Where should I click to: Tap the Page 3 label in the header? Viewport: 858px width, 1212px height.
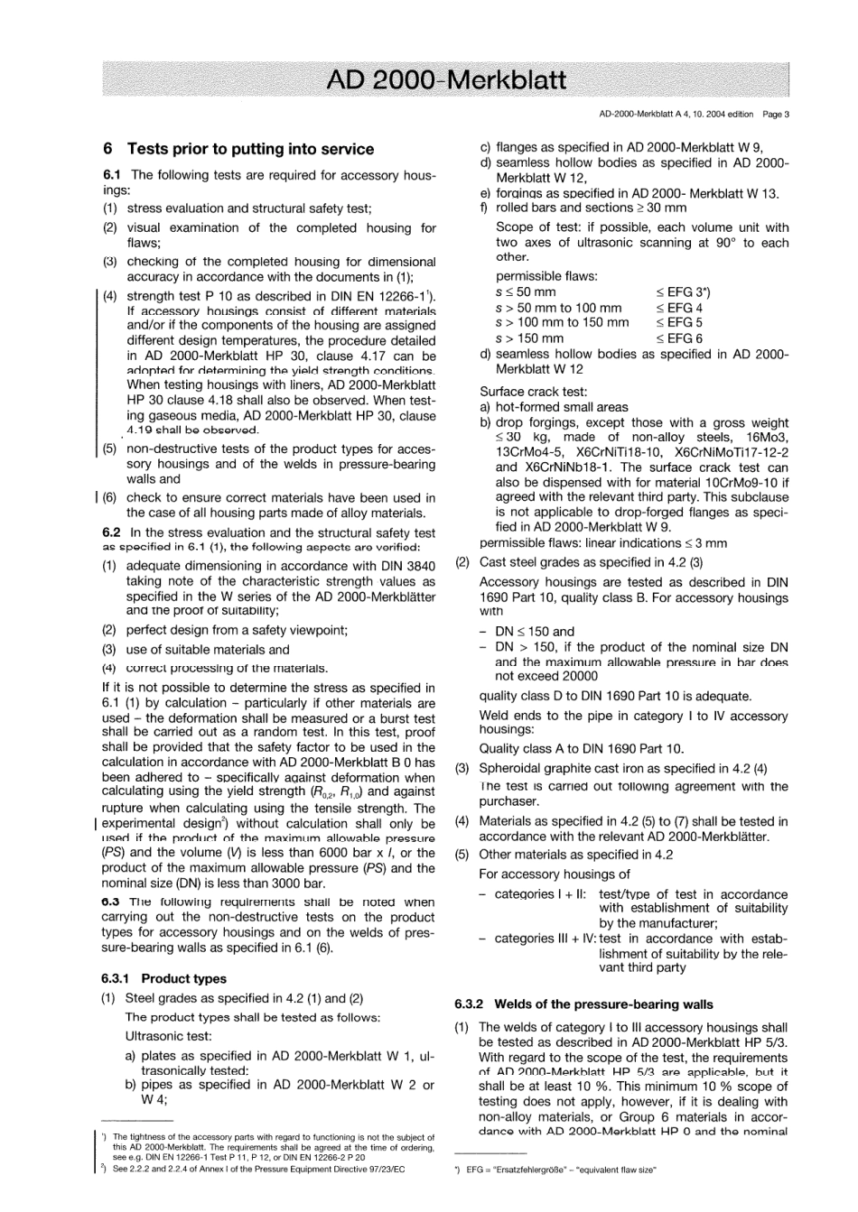pos(775,115)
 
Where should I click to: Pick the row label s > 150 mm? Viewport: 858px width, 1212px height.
pos(529,338)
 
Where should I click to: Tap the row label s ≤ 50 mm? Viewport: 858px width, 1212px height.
pos(526,291)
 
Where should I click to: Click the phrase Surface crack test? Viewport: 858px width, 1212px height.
pos(533,392)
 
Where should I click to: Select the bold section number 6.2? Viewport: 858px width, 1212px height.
pos(112,532)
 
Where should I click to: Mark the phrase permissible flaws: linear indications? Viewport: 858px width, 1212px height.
pos(579,543)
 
